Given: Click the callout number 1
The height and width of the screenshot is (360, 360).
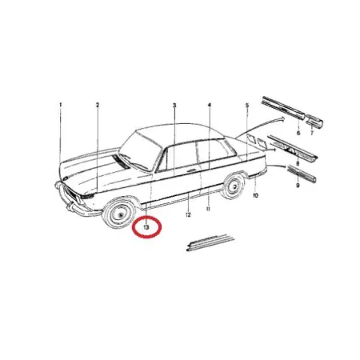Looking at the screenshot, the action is click(x=61, y=105).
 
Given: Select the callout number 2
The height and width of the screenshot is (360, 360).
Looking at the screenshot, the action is click(x=98, y=105).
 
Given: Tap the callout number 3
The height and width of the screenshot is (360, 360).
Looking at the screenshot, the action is click(x=174, y=106).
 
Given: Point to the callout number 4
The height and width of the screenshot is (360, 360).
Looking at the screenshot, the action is click(x=210, y=106).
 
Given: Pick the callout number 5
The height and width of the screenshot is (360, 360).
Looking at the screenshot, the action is click(x=247, y=106).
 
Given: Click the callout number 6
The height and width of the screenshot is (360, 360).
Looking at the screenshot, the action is click(x=298, y=133).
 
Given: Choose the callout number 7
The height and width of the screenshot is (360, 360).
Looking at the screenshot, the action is click(x=312, y=133).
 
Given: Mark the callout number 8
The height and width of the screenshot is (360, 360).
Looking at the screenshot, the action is click(x=298, y=163).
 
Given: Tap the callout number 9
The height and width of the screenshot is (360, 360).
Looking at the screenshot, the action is click(x=298, y=185).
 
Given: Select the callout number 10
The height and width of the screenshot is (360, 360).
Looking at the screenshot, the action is click(x=255, y=195).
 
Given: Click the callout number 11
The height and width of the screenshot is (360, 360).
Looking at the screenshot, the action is click(x=208, y=209).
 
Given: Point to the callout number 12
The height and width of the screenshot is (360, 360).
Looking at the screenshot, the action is click(x=188, y=214).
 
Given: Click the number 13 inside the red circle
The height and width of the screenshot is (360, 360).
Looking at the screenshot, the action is click(x=146, y=227).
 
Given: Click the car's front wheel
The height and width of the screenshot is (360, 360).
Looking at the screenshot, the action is click(x=119, y=213).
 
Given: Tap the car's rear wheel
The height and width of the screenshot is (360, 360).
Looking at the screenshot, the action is click(x=233, y=186).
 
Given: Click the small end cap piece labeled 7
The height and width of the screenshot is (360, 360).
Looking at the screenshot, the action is click(x=314, y=121).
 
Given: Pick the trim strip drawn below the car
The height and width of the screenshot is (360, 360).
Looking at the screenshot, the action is click(x=210, y=242).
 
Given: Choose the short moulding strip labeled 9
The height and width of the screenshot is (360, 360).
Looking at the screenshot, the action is click(x=302, y=173).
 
